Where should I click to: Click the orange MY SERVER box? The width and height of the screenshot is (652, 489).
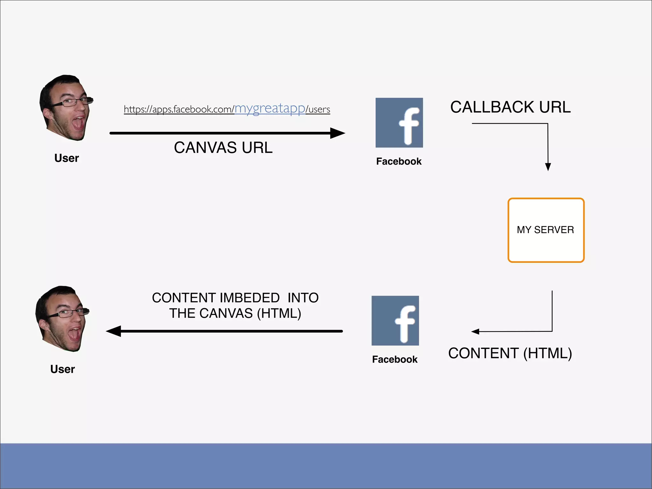[546, 230]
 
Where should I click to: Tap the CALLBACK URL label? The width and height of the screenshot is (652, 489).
[510, 107]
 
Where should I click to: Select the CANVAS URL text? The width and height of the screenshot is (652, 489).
[223, 148]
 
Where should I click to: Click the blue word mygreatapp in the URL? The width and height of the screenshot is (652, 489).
[270, 108]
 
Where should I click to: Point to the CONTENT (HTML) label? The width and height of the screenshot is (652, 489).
[510, 353]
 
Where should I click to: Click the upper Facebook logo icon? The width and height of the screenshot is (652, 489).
[399, 123]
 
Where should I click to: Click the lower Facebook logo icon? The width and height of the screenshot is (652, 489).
[395, 321]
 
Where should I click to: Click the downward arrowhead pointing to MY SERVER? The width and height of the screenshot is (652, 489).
[548, 167]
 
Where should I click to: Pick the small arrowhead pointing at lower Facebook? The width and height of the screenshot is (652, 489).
[475, 332]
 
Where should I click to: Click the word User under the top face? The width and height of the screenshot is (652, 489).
[67, 158]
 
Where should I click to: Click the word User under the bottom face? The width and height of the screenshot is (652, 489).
[62, 369]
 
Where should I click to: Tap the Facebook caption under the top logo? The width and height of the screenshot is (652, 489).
[399, 161]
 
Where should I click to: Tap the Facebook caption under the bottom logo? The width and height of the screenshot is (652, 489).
[395, 359]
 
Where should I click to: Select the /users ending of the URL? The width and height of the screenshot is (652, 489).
[318, 110]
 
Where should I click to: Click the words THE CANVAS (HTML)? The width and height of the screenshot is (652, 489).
[235, 314]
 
